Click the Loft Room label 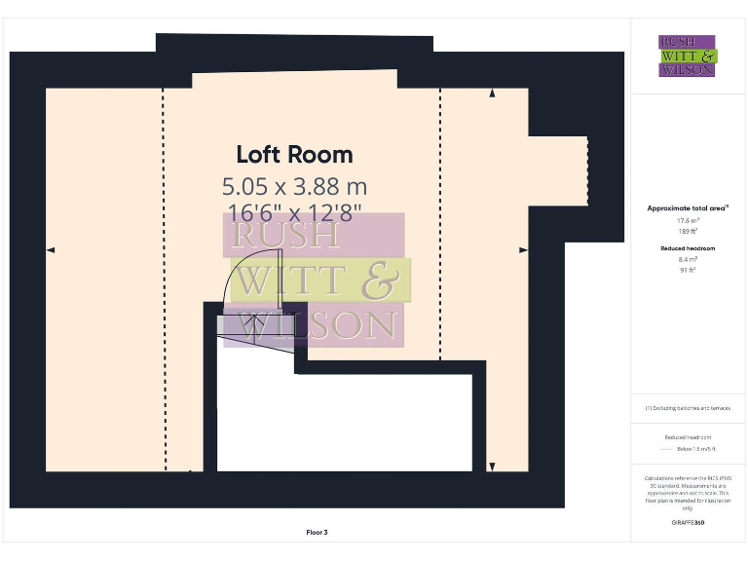(x=294, y=155)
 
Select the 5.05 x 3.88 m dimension (x=294, y=185)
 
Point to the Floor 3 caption (x=317, y=532)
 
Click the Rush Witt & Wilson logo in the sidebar (x=688, y=56)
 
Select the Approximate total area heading (x=688, y=208)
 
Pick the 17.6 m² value (x=689, y=221)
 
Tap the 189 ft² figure (x=689, y=232)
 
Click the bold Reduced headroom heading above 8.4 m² (x=689, y=248)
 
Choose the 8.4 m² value (x=689, y=260)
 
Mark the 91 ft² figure (x=689, y=271)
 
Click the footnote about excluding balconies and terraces (x=688, y=408)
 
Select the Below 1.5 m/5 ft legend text (x=696, y=449)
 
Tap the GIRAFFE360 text (x=688, y=523)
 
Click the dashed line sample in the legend (x=667, y=449)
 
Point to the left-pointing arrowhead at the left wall (x=51, y=250)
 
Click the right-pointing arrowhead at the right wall (x=523, y=250)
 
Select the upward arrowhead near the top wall (x=492, y=93)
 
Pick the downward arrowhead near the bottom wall (x=492, y=467)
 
